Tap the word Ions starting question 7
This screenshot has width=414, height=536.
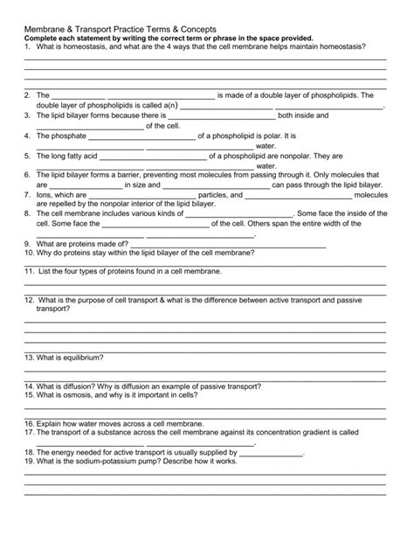[45, 194]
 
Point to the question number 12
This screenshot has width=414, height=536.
[29, 299]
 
